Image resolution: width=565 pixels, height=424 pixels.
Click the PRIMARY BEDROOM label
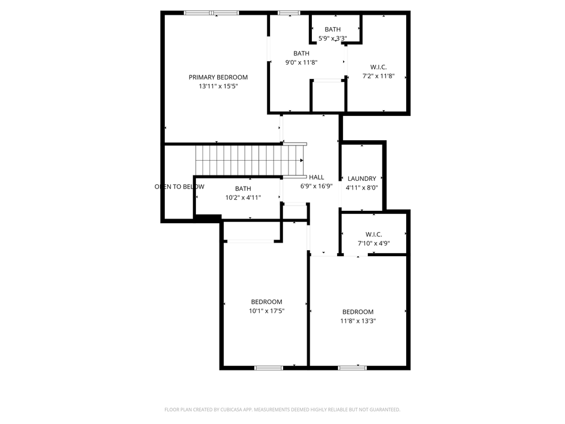pyautogui.click(x=218, y=77)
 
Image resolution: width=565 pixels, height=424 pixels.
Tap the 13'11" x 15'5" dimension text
pyautogui.click(x=218, y=86)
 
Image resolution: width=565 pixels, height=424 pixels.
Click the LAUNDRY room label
pyautogui.click(x=361, y=178)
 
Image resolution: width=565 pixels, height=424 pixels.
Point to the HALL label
pyautogui.click(x=317, y=177)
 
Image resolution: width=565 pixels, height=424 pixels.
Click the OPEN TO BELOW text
pyautogui.click(x=179, y=187)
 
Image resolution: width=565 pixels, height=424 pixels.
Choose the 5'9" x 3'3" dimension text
pyautogui.click(x=333, y=38)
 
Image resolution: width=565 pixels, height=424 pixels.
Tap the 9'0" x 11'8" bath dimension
pyautogui.click(x=301, y=62)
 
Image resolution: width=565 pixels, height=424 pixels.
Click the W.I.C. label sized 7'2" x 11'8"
pyautogui.click(x=378, y=67)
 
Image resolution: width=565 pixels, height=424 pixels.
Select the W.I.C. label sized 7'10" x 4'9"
pyautogui.click(x=374, y=234)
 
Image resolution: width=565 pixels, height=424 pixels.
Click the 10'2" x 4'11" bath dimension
pyautogui.click(x=243, y=198)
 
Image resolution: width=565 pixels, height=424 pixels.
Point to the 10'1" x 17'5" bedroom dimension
pyautogui.click(x=266, y=311)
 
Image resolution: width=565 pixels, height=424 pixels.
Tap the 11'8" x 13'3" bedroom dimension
pyautogui.click(x=358, y=321)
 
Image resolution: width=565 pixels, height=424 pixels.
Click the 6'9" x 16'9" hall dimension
pyautogui.click(x=317, y=185)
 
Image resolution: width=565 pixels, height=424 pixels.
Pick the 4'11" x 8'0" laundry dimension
pyautogui.click(x=361, y=188)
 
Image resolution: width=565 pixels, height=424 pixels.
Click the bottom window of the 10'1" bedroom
pyautogui.click(x=268, y=368)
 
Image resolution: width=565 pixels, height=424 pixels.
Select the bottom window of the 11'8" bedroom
pyautogui.click(x=352, y=368)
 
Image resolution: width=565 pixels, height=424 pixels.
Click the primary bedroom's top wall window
pyautogui.click(x=211, y=12)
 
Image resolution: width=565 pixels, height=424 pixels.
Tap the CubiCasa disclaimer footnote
pyautogui.click(x=282, y=409)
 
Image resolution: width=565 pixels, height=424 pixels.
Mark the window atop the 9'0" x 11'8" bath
pyautogui.click(x=288, y=12)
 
